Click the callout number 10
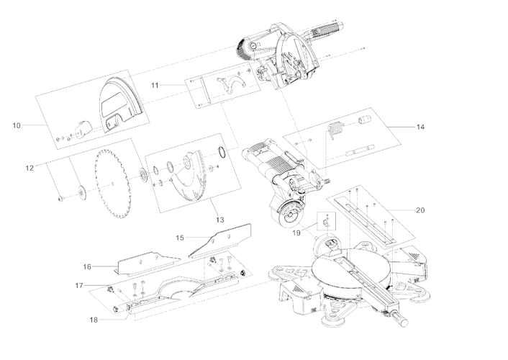coord(17,125)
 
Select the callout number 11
coord(155,85)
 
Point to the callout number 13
coord(219,219)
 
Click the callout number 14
coord(420,127)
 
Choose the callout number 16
coord(87,266)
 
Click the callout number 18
coord(94,319)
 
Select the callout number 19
coord(296,233)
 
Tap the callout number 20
coord(420,210)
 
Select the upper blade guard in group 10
coord(119,101)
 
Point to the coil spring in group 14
coord(335,130)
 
